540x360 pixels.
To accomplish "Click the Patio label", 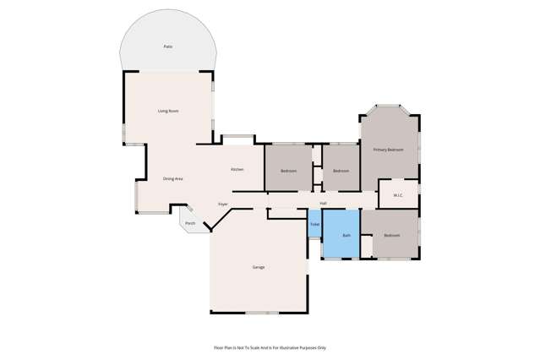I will point(168,46).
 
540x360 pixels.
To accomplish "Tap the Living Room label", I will point(168,111).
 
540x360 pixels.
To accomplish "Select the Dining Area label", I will point(173,178).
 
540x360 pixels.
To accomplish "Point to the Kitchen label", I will point(237,170).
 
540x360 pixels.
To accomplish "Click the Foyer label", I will point(223,204).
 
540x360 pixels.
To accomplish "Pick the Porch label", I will point(190,223).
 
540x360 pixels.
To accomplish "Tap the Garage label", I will point(259,267).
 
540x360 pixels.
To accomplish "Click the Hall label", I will point(323,203).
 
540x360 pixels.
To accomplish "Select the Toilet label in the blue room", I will point(314,224).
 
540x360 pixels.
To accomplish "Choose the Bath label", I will point(346,235).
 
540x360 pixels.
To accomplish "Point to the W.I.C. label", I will point(397,196).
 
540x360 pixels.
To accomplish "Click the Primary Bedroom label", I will point(389,150).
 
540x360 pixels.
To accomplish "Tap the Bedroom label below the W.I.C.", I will point(392,235).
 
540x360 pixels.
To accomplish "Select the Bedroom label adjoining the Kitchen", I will point(289,171).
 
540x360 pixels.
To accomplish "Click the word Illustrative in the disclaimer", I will point(292,347).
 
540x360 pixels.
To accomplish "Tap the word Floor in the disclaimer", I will point(219,347).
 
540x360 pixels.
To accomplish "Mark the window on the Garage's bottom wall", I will point(261,314).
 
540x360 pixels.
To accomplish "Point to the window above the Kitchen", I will point(237,137).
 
